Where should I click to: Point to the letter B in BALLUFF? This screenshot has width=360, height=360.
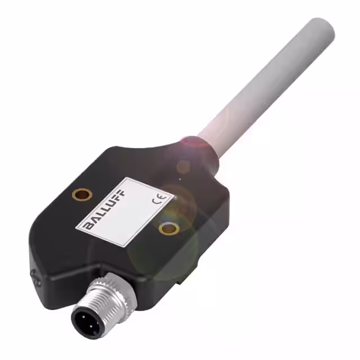click(x=89, y=225)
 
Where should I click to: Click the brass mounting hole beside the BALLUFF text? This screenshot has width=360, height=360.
click(x=83, y=195)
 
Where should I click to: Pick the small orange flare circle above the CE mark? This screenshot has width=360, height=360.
click(x=183, y=166)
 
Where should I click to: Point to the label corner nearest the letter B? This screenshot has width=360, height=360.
click(x=77, y=227)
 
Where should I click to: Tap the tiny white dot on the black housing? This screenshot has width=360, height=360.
click(x=179, y=179)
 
